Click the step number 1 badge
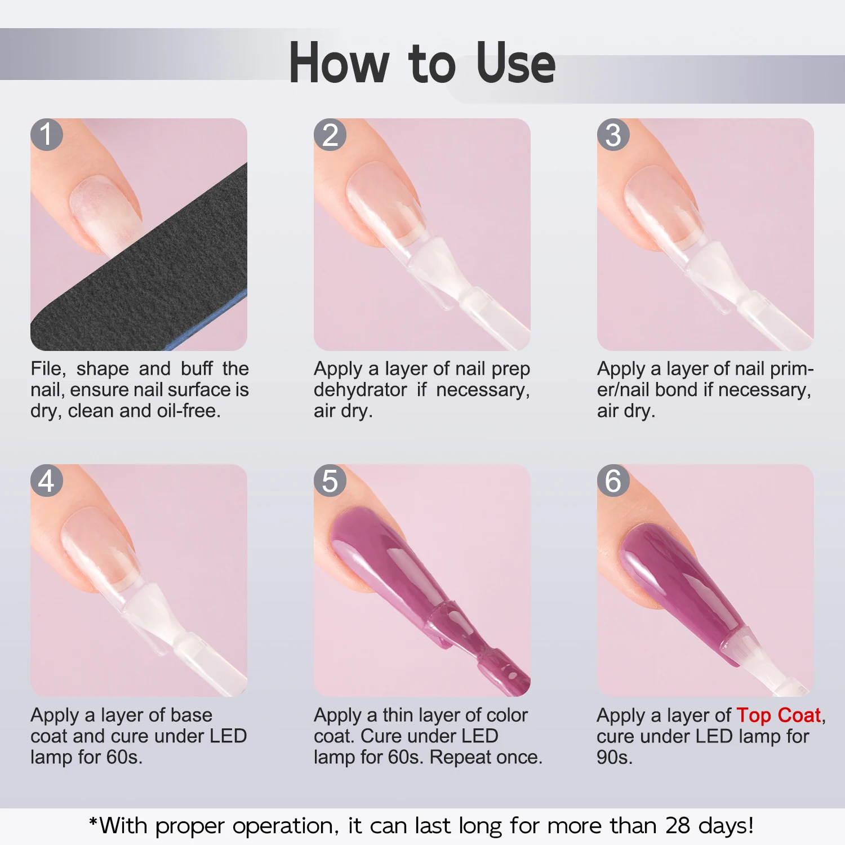(x=47, y=135)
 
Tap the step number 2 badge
(x=330, y=135)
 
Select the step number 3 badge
(x=613, y=135)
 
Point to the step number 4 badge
(x=47, y=481)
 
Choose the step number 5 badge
(x=330, y=481)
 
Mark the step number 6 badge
(x=613, y=481)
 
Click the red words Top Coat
(x=779, y=715)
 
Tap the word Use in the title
(x=515, y=63)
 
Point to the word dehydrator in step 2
(x=360, y=390)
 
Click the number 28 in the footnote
(x=678, y=826)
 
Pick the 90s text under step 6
(x=614, y=757)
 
